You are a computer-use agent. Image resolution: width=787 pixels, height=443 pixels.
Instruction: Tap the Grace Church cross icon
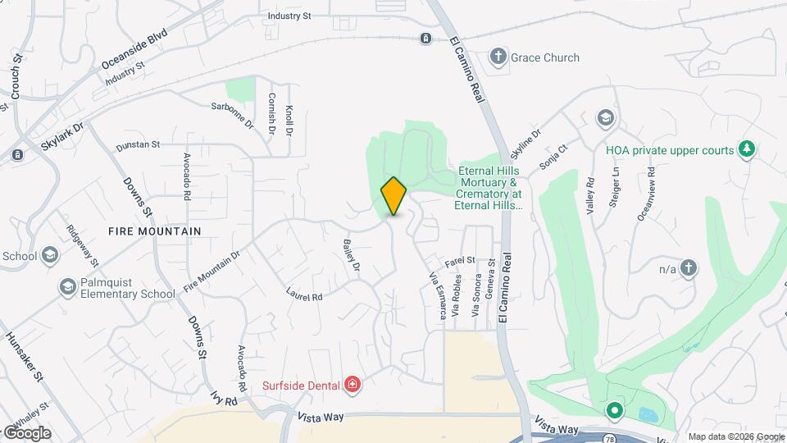pyautogui.click(x=497, y=57)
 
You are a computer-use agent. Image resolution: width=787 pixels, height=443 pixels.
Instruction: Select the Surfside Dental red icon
pyautogui.click(x=353, y=384)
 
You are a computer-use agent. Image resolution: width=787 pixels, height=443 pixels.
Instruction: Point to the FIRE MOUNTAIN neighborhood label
pyautogui.click(x=154, y=231)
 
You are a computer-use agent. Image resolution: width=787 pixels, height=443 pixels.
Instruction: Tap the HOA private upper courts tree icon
pyautogui.click(x=745, y=149)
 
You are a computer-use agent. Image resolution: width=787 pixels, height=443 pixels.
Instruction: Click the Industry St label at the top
pyautogui.click(x=289, y=16)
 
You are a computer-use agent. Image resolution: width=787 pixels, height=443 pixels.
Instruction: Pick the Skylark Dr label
pyautogui.click(x=62, y=139)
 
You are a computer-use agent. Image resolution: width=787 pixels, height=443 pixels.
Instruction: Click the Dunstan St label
pyautogui.click(x=137, y=145)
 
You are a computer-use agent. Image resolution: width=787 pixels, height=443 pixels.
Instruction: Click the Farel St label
pyautogui.click(x=460, y=261)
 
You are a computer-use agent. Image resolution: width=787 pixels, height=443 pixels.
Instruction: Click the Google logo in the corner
pyautogui.click(x=26, y=432)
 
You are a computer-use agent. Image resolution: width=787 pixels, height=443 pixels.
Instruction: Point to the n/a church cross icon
pyautogui.click(x=689, y=267)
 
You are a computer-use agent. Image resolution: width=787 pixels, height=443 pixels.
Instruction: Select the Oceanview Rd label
pyautogui.click(x=646, y=194)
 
